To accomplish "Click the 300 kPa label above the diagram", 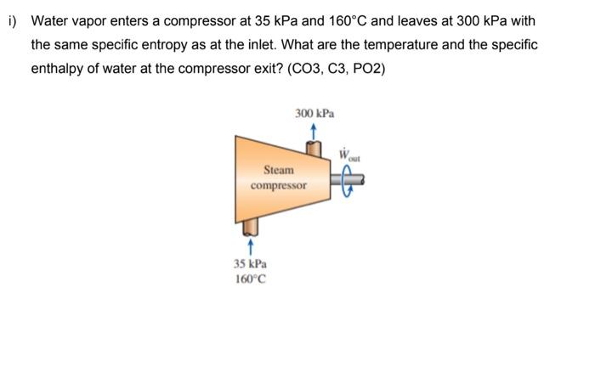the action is click(314, 113).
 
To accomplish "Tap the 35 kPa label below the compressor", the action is click(251, 264).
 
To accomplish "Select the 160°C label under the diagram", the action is click(251, 279).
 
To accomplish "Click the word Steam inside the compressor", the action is click(278, 170).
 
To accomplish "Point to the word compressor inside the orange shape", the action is click(278, 184).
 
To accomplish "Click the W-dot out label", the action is click(350, 156).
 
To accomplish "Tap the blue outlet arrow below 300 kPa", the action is click(314, 130).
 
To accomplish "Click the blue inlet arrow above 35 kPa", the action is click(251, 247).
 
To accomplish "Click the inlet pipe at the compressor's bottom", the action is click(251, 227).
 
